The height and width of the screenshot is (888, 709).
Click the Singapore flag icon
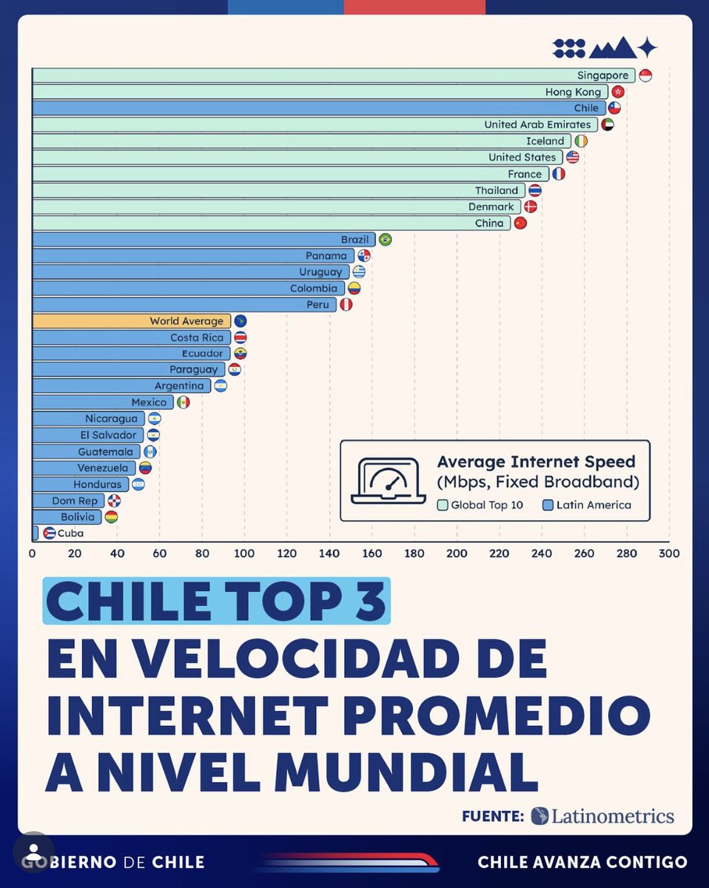coord(645,75)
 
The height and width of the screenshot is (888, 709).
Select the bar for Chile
coord(318,108)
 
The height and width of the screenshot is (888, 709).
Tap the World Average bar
coord(131,321)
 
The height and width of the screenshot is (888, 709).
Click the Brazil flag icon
coord(385,240)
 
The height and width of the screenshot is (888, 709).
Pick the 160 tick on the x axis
coord(372,554)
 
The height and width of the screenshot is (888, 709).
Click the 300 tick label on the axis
coord(669,554)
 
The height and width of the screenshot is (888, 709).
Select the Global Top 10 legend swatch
coord(443,505)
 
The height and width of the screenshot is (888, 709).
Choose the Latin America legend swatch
coord(548,505)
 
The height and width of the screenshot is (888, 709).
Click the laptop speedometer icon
coord(389,481)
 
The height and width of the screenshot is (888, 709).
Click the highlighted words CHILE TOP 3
coord(216,602)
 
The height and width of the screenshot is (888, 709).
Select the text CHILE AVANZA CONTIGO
coord(582,862)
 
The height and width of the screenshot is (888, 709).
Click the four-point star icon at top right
coord(648,48)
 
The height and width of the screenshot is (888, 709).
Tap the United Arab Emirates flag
coord(607,124)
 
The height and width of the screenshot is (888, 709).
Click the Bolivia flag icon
coord(111,517)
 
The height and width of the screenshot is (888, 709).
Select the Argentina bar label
coord(179,386)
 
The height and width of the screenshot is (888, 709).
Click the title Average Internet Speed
coord(536,462)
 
